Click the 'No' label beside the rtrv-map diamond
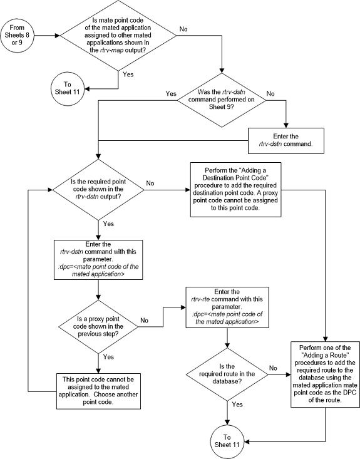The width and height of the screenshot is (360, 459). click(183, 29)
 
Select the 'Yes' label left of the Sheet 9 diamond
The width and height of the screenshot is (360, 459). click(170, 94)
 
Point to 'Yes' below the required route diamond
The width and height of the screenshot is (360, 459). click(237, 405)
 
